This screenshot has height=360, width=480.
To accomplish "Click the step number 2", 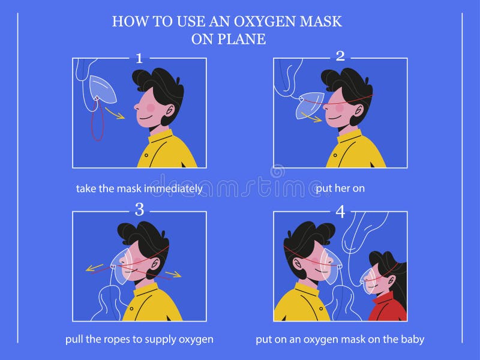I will (x=340, y=56).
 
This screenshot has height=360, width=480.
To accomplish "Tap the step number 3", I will (x=139, y=209).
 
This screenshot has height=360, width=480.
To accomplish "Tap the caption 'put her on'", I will (x=340, y=188).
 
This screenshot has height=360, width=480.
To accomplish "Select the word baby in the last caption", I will (x=413, y=340).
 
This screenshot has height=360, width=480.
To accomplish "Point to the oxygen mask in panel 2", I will (x=309, y=103).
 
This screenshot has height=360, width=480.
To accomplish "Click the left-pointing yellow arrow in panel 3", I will (x=96, y=268).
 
